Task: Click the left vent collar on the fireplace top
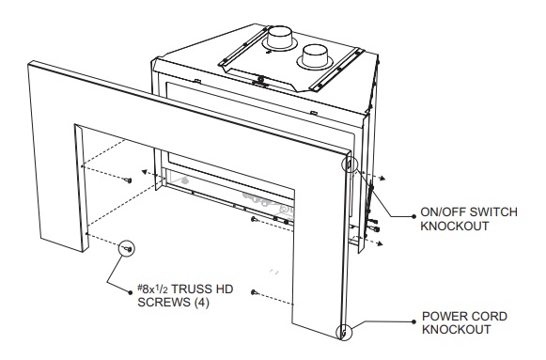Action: pos(279,39)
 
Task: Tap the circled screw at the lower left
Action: pos(126,247)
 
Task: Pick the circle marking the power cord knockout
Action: pos(346,332)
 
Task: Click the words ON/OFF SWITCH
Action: pos(468,212)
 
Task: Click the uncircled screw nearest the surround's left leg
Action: pos(128,176)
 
